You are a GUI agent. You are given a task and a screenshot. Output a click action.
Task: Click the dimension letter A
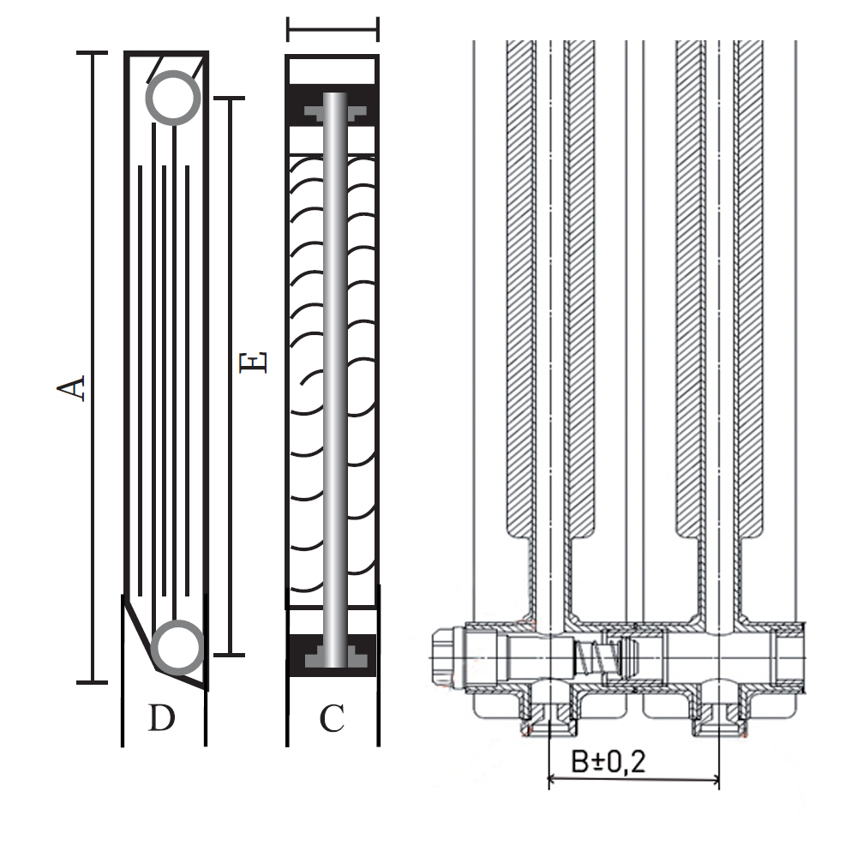(x=71, y=388)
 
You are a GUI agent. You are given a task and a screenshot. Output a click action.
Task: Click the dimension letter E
(x=253, y=363)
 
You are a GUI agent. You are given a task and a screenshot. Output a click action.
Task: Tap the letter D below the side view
(x=162, y=717)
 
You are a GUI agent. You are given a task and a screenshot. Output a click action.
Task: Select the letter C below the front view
(x=332, y=718)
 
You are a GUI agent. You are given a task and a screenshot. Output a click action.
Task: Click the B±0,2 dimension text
(x=608, y=761)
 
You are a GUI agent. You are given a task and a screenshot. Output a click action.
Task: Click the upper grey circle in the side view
(x=173, y=98)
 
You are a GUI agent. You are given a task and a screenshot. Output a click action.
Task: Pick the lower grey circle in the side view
(x=177, y=648)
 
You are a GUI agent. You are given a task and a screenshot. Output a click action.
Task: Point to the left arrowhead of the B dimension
(x=553, y=779)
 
